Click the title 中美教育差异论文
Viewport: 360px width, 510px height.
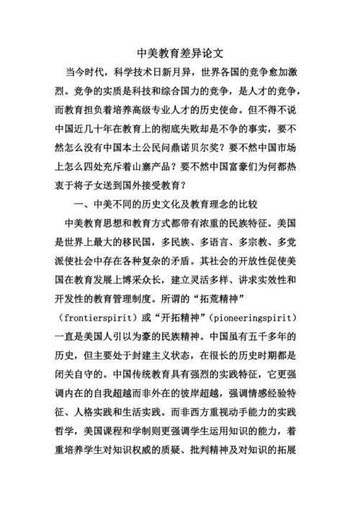180,53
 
